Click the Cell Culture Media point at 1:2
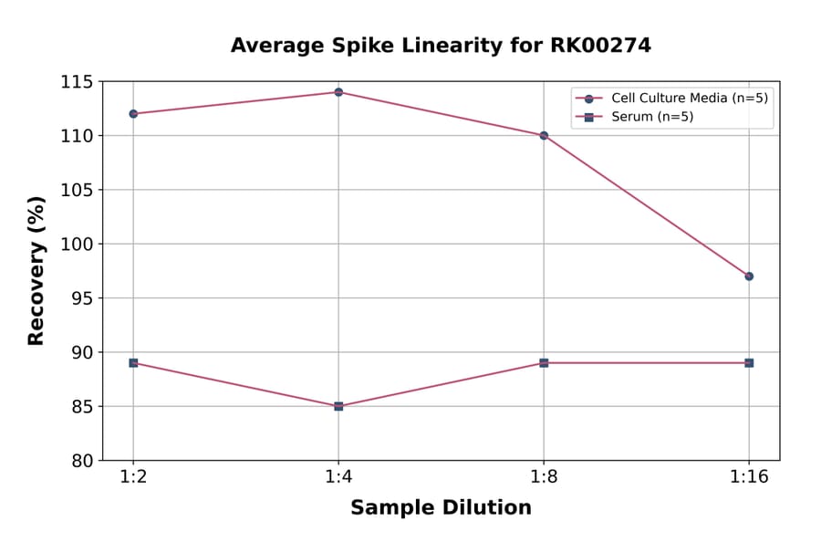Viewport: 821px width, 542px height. [133, 114]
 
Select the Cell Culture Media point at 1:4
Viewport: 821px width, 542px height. [338, 92]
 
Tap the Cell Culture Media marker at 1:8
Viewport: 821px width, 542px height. [544, 135]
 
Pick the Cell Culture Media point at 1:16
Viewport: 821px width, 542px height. [749, 276]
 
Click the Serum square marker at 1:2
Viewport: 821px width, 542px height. [133, 363]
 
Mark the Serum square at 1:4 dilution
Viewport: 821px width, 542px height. [338, 406]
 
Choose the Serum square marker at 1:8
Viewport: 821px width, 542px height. [544, 363]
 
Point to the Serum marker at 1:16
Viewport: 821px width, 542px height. [749, 363]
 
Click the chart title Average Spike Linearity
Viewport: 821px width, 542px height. [441, 46]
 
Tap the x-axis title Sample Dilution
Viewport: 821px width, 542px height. [441, 508]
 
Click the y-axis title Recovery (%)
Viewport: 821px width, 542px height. [36, 271]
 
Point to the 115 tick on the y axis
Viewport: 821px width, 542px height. [78, 82]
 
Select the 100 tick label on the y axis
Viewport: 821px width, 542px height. [78, 245]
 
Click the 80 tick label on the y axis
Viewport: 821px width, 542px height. [82, 461]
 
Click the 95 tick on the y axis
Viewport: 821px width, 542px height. [82, 298]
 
